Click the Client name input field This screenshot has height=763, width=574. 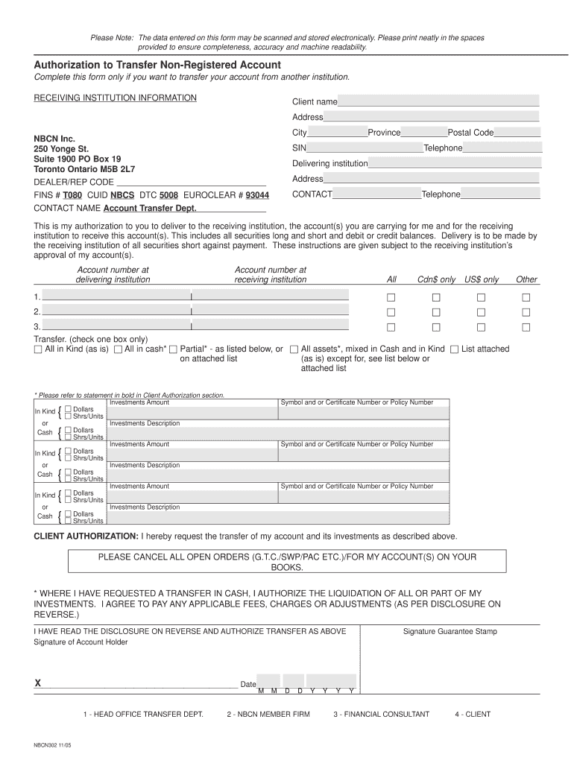[x=438, y=101]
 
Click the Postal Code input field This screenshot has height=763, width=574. [x=517, y=133]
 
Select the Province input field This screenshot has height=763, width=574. [x=424, y=133]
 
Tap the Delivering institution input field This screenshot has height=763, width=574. [x=455, y=163]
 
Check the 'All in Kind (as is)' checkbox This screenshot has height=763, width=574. [x=39, y=349]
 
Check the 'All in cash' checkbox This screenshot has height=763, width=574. [x=118, y=349]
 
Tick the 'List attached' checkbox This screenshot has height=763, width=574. [x=455, y=349]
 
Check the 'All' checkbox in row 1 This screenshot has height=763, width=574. [x=391, y=298]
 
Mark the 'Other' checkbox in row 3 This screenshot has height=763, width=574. [x=526, y=328]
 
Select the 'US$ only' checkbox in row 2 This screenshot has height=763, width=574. [x=482, y=313]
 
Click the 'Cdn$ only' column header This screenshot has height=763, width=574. [x=436, y=279]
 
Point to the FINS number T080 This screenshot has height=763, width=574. [x=72, y=195]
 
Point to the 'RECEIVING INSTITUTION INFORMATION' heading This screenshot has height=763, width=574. [x=116, y=98]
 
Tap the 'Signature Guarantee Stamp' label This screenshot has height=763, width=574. [x=450, y=632]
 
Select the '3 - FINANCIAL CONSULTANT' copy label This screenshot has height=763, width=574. [x=381, y=715]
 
